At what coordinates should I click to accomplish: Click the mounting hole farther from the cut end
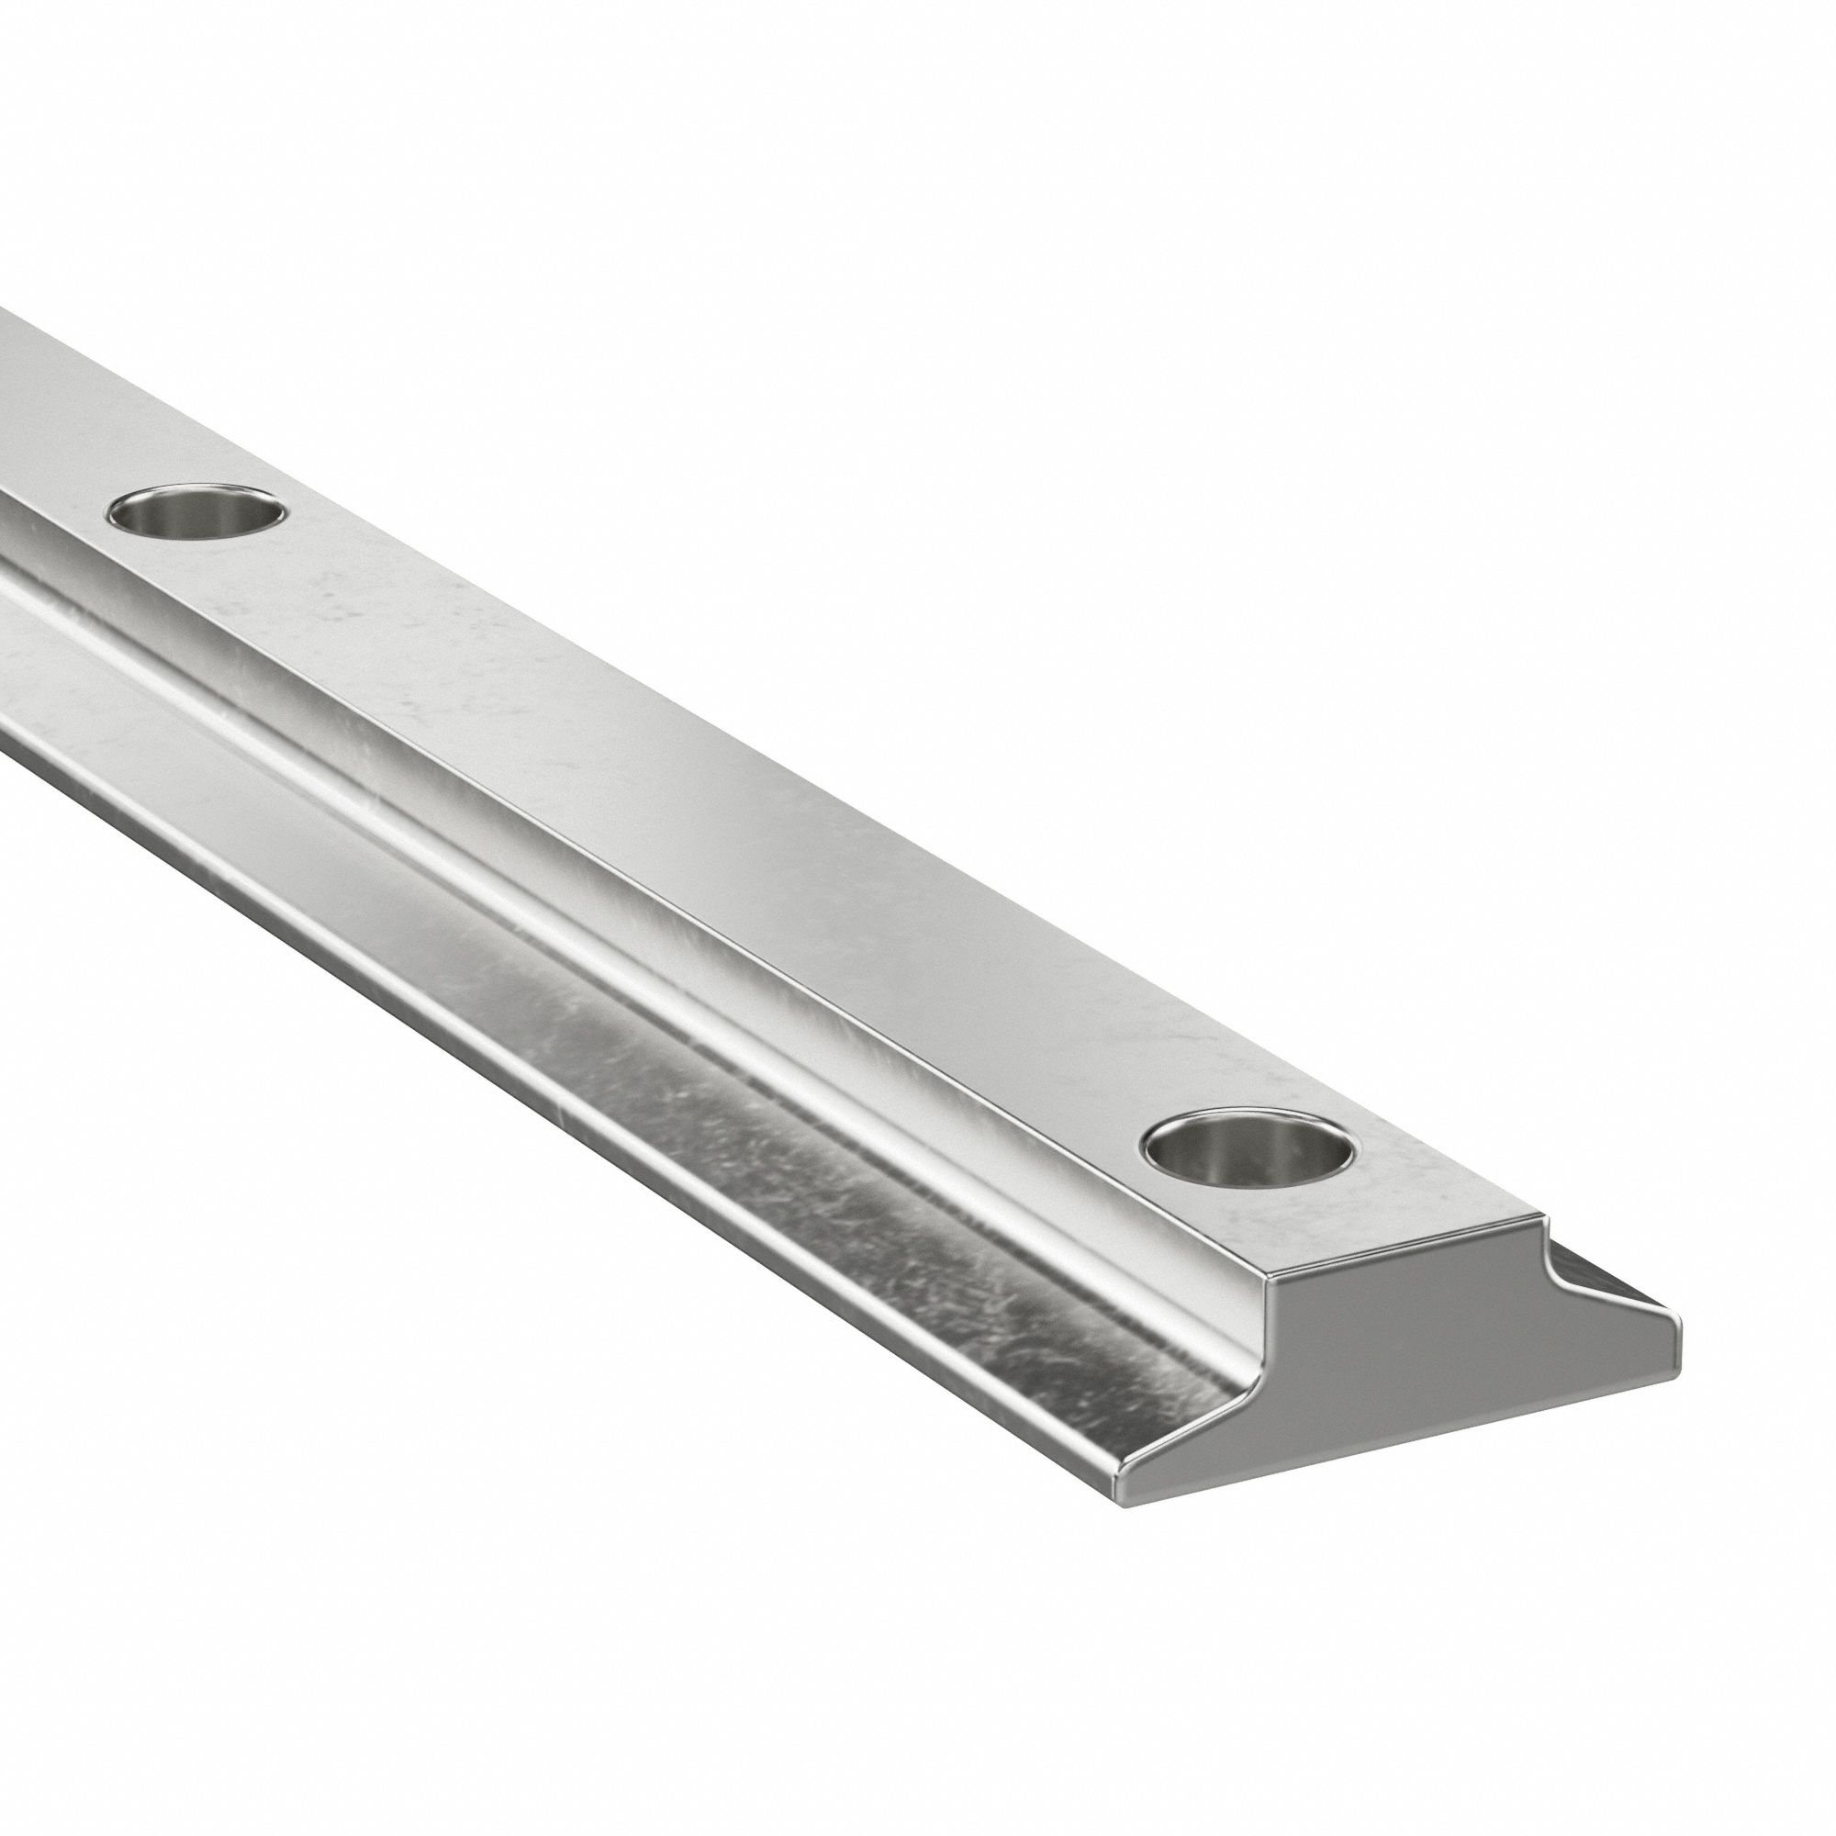point(197,515)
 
